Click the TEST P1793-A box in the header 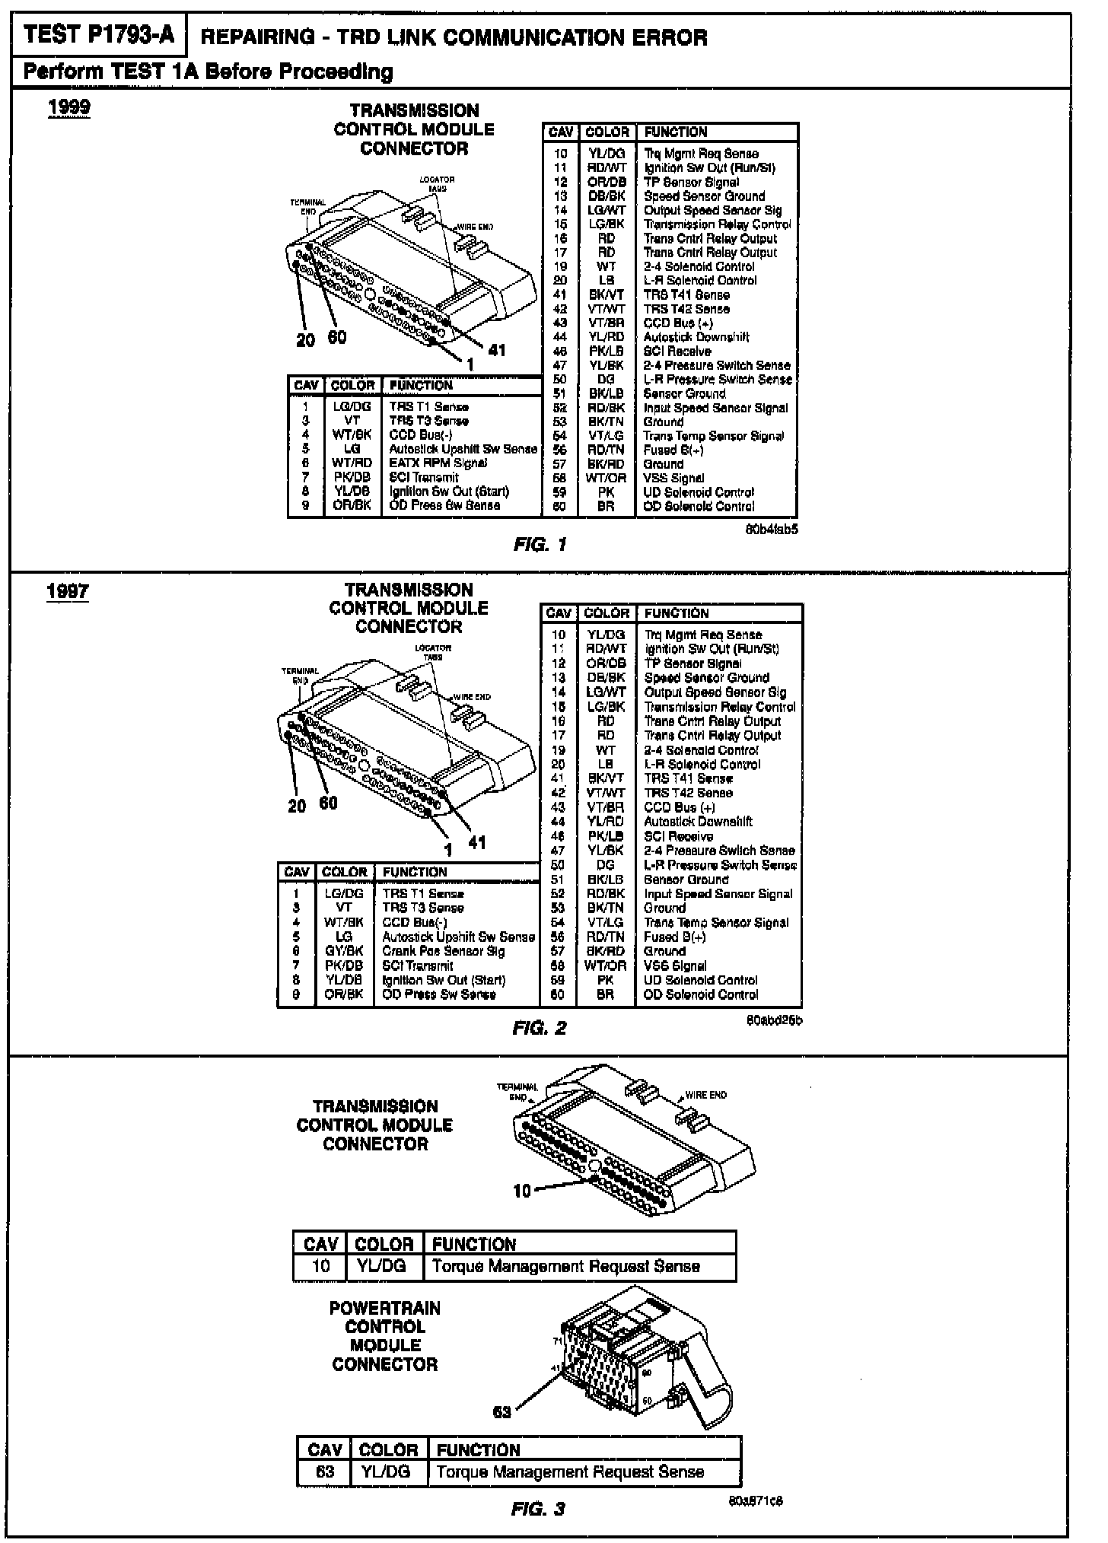pyautogui.click(x=97, y=35)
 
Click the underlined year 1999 pyautogui.click(x=68, y=107)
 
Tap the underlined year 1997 pyautogui.click(x=68, y=591)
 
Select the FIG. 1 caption pyautogui.click(x=540, y=545)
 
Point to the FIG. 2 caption pyautogui.click(x=539, y=1029)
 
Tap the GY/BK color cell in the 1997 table pyautogui.click(x=344, y=951)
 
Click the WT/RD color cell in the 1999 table pyautogui.click(x=352, y=463)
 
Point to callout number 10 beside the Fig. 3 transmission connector pyautogui.click(x=522, y=1191)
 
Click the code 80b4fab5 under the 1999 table pyautogui.click(x=772, y=530)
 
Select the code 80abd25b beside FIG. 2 pyautogui.click(x=775, y=1020)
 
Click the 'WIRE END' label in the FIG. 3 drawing pyautogui.click(x=705, y=1095)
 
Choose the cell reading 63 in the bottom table pyautogui.click(x=325, y=1471)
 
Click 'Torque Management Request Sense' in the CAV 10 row pyautogui.click(x=565, y=1266)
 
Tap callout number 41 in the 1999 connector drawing pyautogui.click(x=497, y=350)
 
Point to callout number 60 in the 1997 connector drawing pyautogui.click(x=328, y=803)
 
